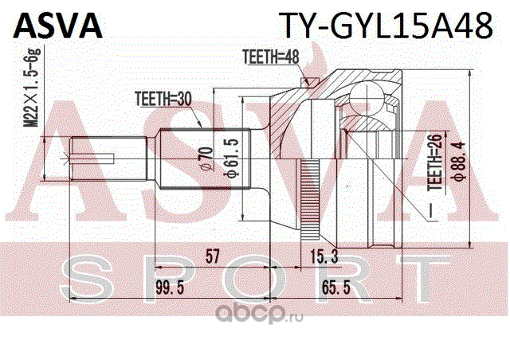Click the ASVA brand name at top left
point(58,26)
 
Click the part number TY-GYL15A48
point(386,26)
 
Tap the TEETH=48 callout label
point(271,57)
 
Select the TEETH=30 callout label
point(163,100)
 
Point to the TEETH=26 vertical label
point(436,162)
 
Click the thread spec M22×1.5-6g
point(33,88)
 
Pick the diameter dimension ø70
point(207,158)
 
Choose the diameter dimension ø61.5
point(233,158)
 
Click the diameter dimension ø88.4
point(460,162)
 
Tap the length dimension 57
point(213,256)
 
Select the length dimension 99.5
point(170,288)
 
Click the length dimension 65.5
point(336,288)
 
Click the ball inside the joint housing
point(367,98)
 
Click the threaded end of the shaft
point(108,159)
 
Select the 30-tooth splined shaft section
point(206,158)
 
